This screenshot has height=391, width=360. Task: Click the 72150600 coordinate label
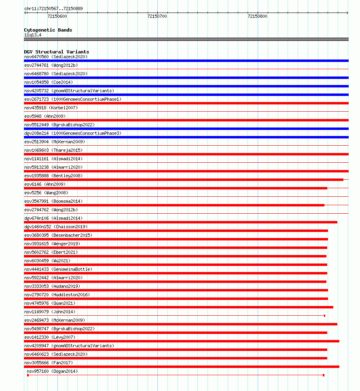click(x=57, y=17)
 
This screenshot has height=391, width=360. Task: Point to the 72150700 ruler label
click(x=157, y=17)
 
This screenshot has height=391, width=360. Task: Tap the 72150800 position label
click(x=257, y=17)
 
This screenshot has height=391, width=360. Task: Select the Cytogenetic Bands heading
click(x=48, y=30)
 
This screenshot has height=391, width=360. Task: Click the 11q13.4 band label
click(x=32, y=35)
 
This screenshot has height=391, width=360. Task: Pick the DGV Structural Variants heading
click(x=56, y=52)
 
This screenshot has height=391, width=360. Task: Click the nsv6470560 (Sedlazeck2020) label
click(x=55, y=57)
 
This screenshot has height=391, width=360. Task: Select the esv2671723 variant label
click(x=73, y=99)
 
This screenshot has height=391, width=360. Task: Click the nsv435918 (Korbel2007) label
click(x=51, y=108)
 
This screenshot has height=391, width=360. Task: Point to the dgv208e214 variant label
click(x=73, y=133)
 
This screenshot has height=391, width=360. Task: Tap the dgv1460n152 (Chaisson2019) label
click(x=55, y=227)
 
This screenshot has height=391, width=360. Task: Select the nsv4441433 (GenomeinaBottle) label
click(x=58, y=269)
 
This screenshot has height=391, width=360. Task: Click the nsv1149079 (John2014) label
click(x=50, y=312)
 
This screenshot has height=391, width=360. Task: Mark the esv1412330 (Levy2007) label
click(x=50, y=337)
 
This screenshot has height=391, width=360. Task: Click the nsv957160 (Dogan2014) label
click(x=52, y=371)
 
